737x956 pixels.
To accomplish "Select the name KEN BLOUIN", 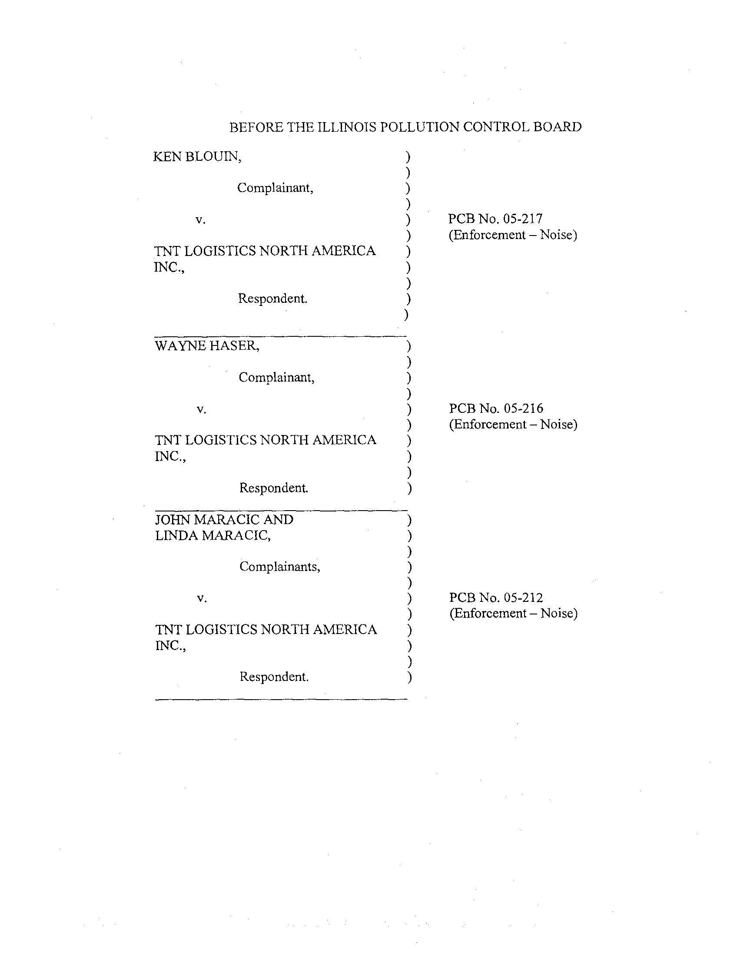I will [197, 156].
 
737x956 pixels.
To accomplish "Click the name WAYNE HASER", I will [207, 346].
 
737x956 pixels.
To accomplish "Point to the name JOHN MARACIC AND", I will [224, 520].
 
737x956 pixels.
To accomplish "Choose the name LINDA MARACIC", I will [212, 535].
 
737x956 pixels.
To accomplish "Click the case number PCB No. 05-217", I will [495, 219].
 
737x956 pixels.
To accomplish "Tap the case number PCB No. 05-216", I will [496, 408].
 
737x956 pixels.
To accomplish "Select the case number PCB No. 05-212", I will [496, 597].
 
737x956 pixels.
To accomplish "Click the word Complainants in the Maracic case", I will [280, 567].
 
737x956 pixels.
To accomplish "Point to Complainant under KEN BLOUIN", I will [275, 188].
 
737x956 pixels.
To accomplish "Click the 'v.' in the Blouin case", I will [200, 220].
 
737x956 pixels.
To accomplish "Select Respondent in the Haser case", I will [273, 488].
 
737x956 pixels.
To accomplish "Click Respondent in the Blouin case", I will [272, 299].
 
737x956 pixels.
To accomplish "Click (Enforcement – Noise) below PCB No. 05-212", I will [513, 613].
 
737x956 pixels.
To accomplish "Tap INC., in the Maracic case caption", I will [171, 646].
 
